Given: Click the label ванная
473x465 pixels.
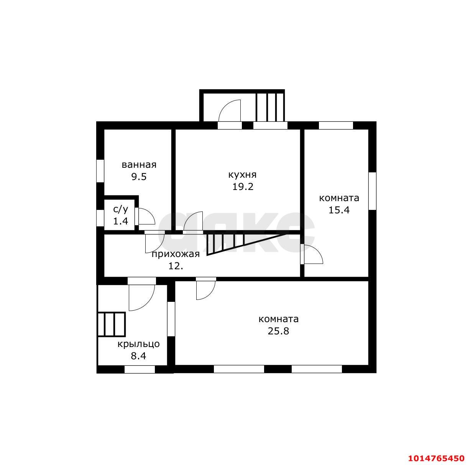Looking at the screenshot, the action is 139,165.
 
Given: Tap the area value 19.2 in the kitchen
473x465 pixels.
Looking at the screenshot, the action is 243,187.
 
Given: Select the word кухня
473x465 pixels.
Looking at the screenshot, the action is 242,175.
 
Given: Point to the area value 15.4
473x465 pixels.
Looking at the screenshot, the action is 339,210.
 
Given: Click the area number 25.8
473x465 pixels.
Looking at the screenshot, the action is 278,331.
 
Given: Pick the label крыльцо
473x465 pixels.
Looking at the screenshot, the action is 138,344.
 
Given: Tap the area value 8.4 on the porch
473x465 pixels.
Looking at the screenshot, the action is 138,356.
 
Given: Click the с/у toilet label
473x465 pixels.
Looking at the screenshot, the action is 120,209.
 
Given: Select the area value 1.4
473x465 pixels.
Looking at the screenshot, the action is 120,221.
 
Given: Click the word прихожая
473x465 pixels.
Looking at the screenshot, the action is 176,254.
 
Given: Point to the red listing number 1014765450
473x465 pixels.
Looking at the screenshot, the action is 436,458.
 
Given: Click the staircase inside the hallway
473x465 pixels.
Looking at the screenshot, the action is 245,244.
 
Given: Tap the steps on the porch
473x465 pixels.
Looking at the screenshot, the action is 112,324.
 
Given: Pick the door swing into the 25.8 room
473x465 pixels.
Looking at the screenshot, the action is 206,290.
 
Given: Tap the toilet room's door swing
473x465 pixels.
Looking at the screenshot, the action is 146,216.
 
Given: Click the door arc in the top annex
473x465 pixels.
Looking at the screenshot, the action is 229,111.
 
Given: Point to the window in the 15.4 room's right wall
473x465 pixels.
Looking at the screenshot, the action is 372,191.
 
